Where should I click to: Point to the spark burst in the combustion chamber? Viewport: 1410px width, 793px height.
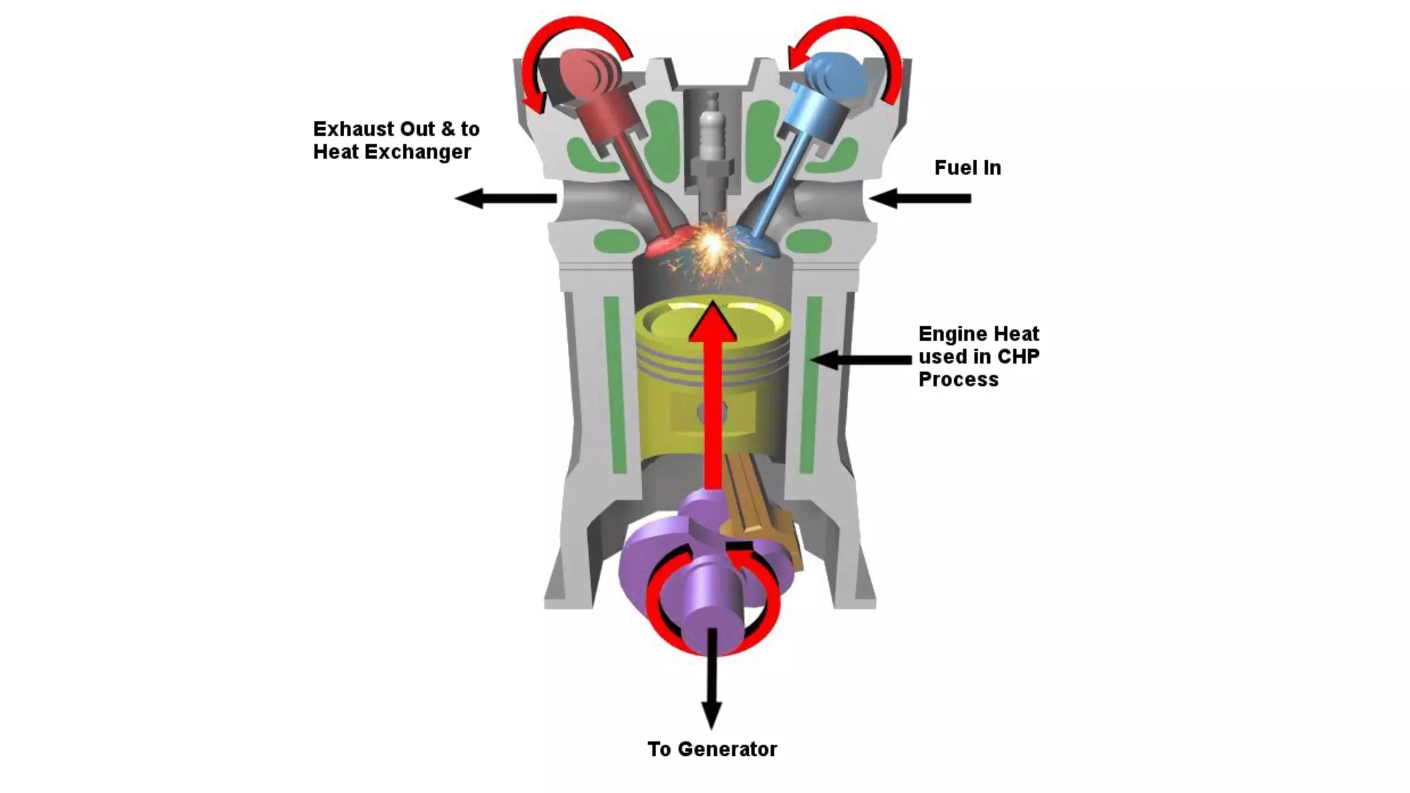pyautogui.click(x=713, y=244)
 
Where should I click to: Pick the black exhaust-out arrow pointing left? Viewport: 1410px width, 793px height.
pyautogui.click(x=506, y=198)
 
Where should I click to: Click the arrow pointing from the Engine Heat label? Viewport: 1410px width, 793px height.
pyautogui.click(x=861, y=359)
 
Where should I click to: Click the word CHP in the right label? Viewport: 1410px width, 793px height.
pyautogui.click(x=1018, y=357)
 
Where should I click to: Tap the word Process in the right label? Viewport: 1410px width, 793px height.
pyautogui.click(x=958, y=379)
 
